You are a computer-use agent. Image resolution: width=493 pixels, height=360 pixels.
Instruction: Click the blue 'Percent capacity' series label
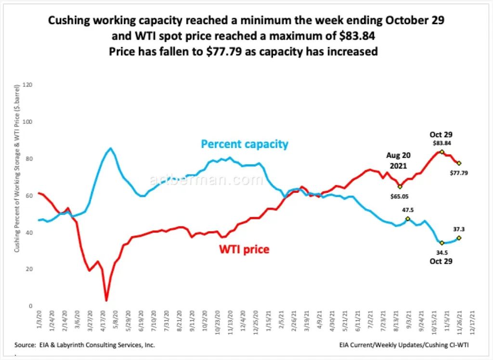pos(245,144)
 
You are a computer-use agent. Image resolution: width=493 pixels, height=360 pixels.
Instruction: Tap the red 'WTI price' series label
pos(244,249)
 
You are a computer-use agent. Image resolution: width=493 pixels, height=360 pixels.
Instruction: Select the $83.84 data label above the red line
pos(442,143)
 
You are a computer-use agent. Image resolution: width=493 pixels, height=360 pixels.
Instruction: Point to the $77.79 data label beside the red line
pos(459,173)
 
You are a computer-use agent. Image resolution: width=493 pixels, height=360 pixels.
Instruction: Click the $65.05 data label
pos(399,196)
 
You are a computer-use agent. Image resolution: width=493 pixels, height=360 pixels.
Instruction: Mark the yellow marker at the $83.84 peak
pos(442,152)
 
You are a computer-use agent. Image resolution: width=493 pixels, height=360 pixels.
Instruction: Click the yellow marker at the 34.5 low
pos(442,243)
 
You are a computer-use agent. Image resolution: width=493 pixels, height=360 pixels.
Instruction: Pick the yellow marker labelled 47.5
pos(408,219)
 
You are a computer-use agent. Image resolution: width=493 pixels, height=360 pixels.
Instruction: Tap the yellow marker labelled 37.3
pos(459,238)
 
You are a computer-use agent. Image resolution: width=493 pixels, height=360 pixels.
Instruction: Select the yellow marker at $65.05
pos(400,187)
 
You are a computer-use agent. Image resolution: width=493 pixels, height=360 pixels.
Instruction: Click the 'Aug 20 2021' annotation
pos(398,160)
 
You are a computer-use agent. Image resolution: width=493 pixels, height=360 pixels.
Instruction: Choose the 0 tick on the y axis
pos(30,306)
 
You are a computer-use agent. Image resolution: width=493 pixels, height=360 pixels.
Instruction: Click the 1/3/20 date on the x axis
pos(39,320)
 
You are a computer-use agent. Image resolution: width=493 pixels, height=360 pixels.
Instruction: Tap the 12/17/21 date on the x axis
pos(472,321)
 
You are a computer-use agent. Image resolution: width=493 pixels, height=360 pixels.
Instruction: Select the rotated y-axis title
pos(17,168)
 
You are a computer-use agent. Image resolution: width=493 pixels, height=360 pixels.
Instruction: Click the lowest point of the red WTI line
pos(106,301)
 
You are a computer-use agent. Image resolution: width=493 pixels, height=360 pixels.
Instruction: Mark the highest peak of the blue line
pos(110,148)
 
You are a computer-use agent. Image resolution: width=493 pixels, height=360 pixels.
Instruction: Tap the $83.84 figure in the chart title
pos(357,36)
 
